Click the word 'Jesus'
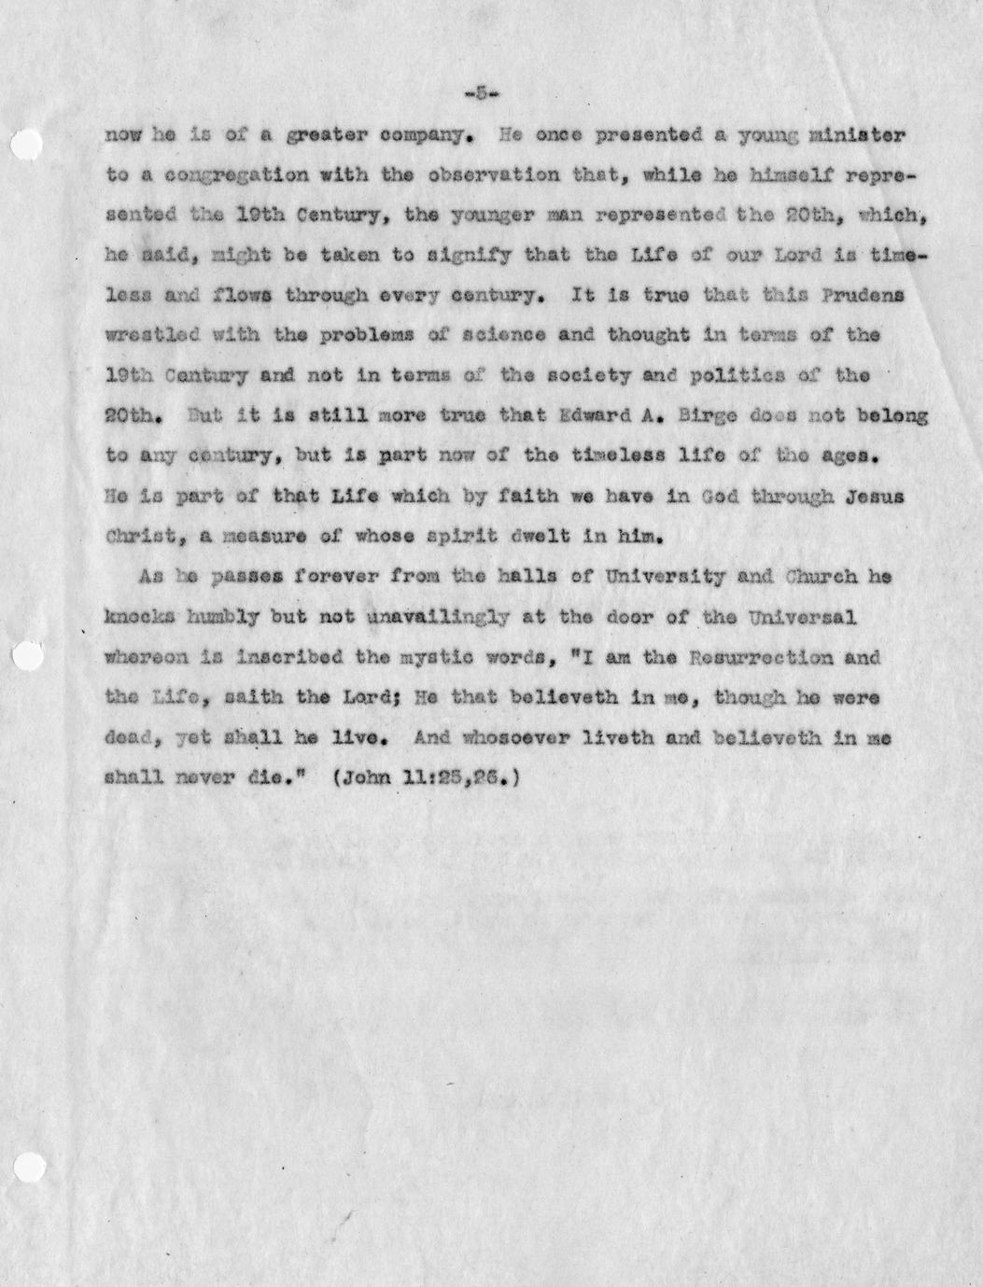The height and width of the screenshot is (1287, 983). click(x=876, y=497)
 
